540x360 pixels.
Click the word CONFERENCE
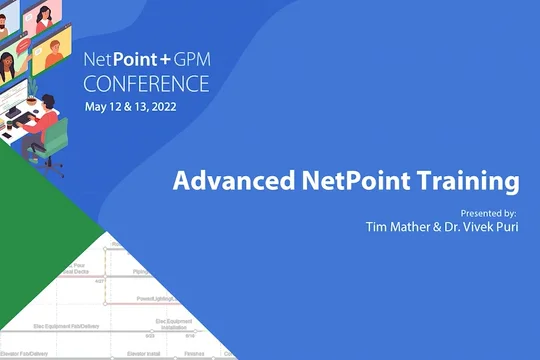(x=146, y=82)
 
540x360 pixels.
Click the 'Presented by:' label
(x=488, y=214)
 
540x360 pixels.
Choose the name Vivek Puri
(x=481, y=227)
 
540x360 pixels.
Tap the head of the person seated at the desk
(x=48, y=99)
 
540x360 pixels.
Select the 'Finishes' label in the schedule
(x=195, y=352)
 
